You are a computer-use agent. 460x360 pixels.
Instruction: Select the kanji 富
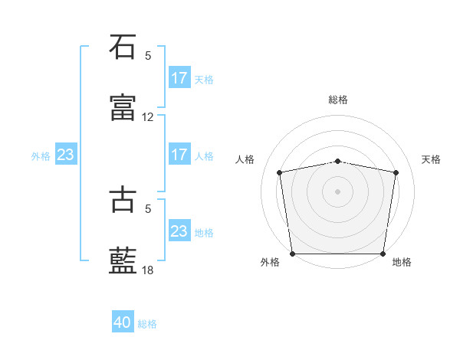click(x=123, y=108)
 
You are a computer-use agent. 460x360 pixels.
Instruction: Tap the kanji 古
click(x=123, y=198)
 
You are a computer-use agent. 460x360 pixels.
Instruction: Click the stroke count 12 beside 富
click(x=148, y=117)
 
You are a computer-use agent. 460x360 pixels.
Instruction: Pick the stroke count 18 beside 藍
click(x=148, y=270)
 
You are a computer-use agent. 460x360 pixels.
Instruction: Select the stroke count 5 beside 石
click(x=148, y=55)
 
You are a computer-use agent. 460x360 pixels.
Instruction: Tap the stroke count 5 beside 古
click(x=148, y=208)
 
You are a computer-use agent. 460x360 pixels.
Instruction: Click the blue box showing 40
click(x=123, y=323)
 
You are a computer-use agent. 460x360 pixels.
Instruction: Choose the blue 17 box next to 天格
click(x=179, y=78)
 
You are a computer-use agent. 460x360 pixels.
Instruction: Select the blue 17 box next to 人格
click(x=179, y=155)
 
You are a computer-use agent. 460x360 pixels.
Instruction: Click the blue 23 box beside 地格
click(x=179, y=231)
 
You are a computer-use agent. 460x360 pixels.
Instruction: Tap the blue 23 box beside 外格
click(x=65, y=155)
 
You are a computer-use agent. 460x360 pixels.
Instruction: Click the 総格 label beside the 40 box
click(x=147, y=324)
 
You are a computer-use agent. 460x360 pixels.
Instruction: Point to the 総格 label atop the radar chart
click(x=338, y=100)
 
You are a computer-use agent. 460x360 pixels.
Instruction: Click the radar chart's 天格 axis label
click(x=432, y=159)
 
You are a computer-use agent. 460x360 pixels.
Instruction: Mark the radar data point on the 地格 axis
click(x=383, y=254)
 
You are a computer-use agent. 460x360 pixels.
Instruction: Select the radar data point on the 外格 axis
click(x=292, y=254)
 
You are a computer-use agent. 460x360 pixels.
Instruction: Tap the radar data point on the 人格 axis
click(x=280, y=172)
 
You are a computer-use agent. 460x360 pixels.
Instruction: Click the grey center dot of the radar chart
click(x=338, y=191)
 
